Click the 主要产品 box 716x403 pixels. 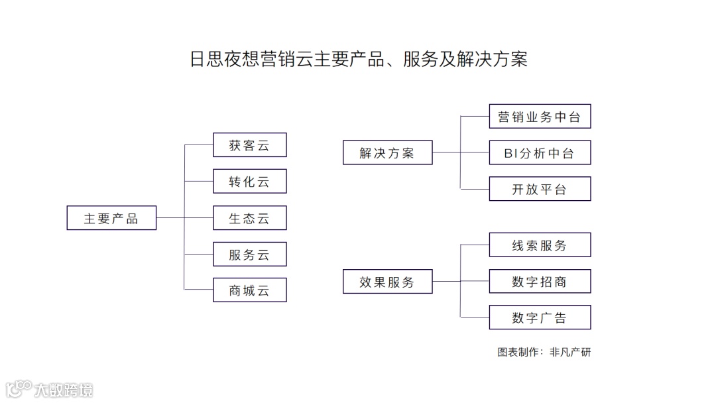(111, 218)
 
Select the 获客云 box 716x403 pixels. (249, 145)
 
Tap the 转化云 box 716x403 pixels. (249, 182)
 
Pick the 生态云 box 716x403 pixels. (249, 218)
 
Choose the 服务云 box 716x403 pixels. (249, 255)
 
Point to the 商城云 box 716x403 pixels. (249, 290)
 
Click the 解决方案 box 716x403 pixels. (387, 152)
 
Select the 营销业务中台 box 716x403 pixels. (540, 117)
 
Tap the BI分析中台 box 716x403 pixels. (540, 153)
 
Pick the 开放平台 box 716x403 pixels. (540, 189)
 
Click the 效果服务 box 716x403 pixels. (387, 282)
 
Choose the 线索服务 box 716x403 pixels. (540, 245)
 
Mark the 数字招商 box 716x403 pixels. (540, 282)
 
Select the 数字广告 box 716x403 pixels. (540, 317)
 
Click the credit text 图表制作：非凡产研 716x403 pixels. (544, 353)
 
